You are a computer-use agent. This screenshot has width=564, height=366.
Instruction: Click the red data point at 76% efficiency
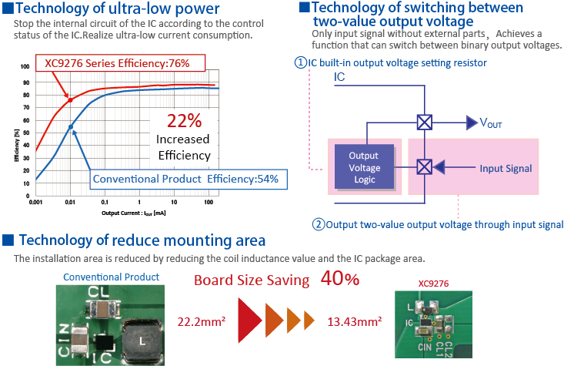click(x=71, y=100)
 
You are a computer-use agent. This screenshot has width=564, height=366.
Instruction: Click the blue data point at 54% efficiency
click(x=71, y=127)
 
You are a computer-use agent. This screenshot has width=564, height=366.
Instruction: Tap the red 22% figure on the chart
click(x=184, y=121)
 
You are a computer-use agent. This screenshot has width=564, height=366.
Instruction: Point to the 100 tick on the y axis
click(x=25, y=66)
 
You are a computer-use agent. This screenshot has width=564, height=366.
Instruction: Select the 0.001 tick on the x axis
click(x=35, y=202)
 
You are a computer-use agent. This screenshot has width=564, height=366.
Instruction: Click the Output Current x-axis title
click(x=133, y=213)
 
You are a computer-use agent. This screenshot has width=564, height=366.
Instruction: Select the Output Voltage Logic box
click(x=364, y=166)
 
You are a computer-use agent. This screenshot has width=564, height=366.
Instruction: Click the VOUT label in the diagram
click(x=491, y=123)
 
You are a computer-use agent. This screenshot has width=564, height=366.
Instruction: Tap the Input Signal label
click(x=506, y=168)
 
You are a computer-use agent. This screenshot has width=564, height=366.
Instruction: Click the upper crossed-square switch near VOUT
click(x=425, y=123)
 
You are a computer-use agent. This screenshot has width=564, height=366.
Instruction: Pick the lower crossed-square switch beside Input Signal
click(x=425, y=167)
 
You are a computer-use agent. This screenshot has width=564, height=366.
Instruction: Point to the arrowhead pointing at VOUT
click(x=472, y=123)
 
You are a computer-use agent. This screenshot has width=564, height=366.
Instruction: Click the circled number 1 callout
click(x=300, y=62)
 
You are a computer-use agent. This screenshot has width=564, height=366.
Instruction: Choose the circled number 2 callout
click(x=318, y=224)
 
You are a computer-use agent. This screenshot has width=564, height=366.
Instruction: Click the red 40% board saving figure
click(x=340, y=278)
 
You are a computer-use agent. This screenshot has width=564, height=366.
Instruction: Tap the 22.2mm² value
click(x=202, y=321)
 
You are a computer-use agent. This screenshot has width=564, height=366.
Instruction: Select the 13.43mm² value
click(x=355, y=321)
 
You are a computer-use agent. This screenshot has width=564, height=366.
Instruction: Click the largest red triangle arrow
click(x=249, y=321)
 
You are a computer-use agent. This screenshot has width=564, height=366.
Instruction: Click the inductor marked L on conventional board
click(x=142, y=341)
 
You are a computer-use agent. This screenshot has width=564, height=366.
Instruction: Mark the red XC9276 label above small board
click(x=433, y=284)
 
